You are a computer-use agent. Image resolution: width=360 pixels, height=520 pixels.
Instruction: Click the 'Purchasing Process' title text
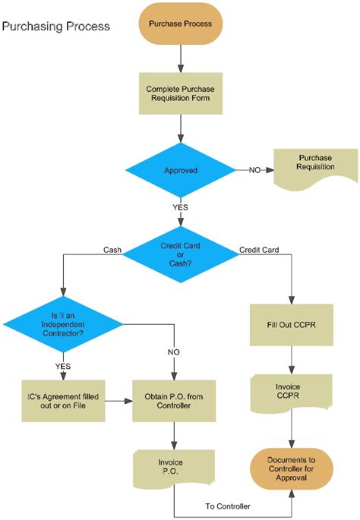point(56,27)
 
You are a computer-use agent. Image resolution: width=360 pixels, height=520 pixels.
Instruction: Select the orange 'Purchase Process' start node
point(181,23)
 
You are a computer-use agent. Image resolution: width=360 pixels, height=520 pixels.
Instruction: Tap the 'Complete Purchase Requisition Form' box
point(181,94)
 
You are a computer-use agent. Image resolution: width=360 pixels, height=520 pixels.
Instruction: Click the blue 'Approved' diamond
point(181,170)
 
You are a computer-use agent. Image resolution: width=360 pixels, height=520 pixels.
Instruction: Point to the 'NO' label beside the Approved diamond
point(256,170)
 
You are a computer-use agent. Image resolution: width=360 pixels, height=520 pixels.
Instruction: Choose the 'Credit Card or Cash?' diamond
point(181,253)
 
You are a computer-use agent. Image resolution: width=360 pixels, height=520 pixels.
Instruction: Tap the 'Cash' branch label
point(112,249)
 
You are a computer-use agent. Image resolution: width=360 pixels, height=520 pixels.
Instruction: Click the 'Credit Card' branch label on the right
point(258,249)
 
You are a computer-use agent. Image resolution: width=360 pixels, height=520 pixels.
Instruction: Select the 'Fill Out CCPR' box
point(292,325)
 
